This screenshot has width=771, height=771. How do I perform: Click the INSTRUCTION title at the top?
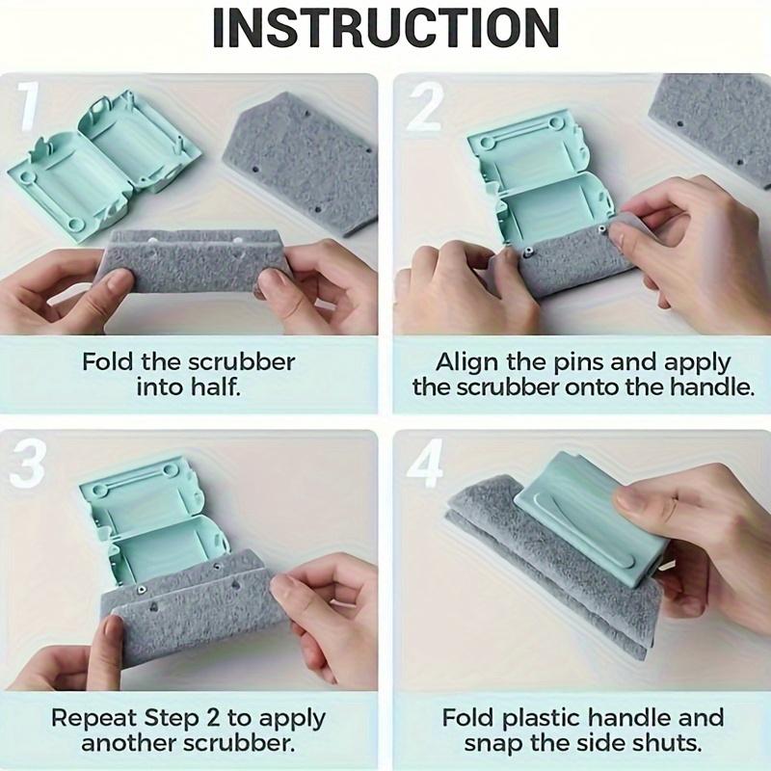[x=385, y=28]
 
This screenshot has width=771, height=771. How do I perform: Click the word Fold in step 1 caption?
[x=105, y=363]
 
